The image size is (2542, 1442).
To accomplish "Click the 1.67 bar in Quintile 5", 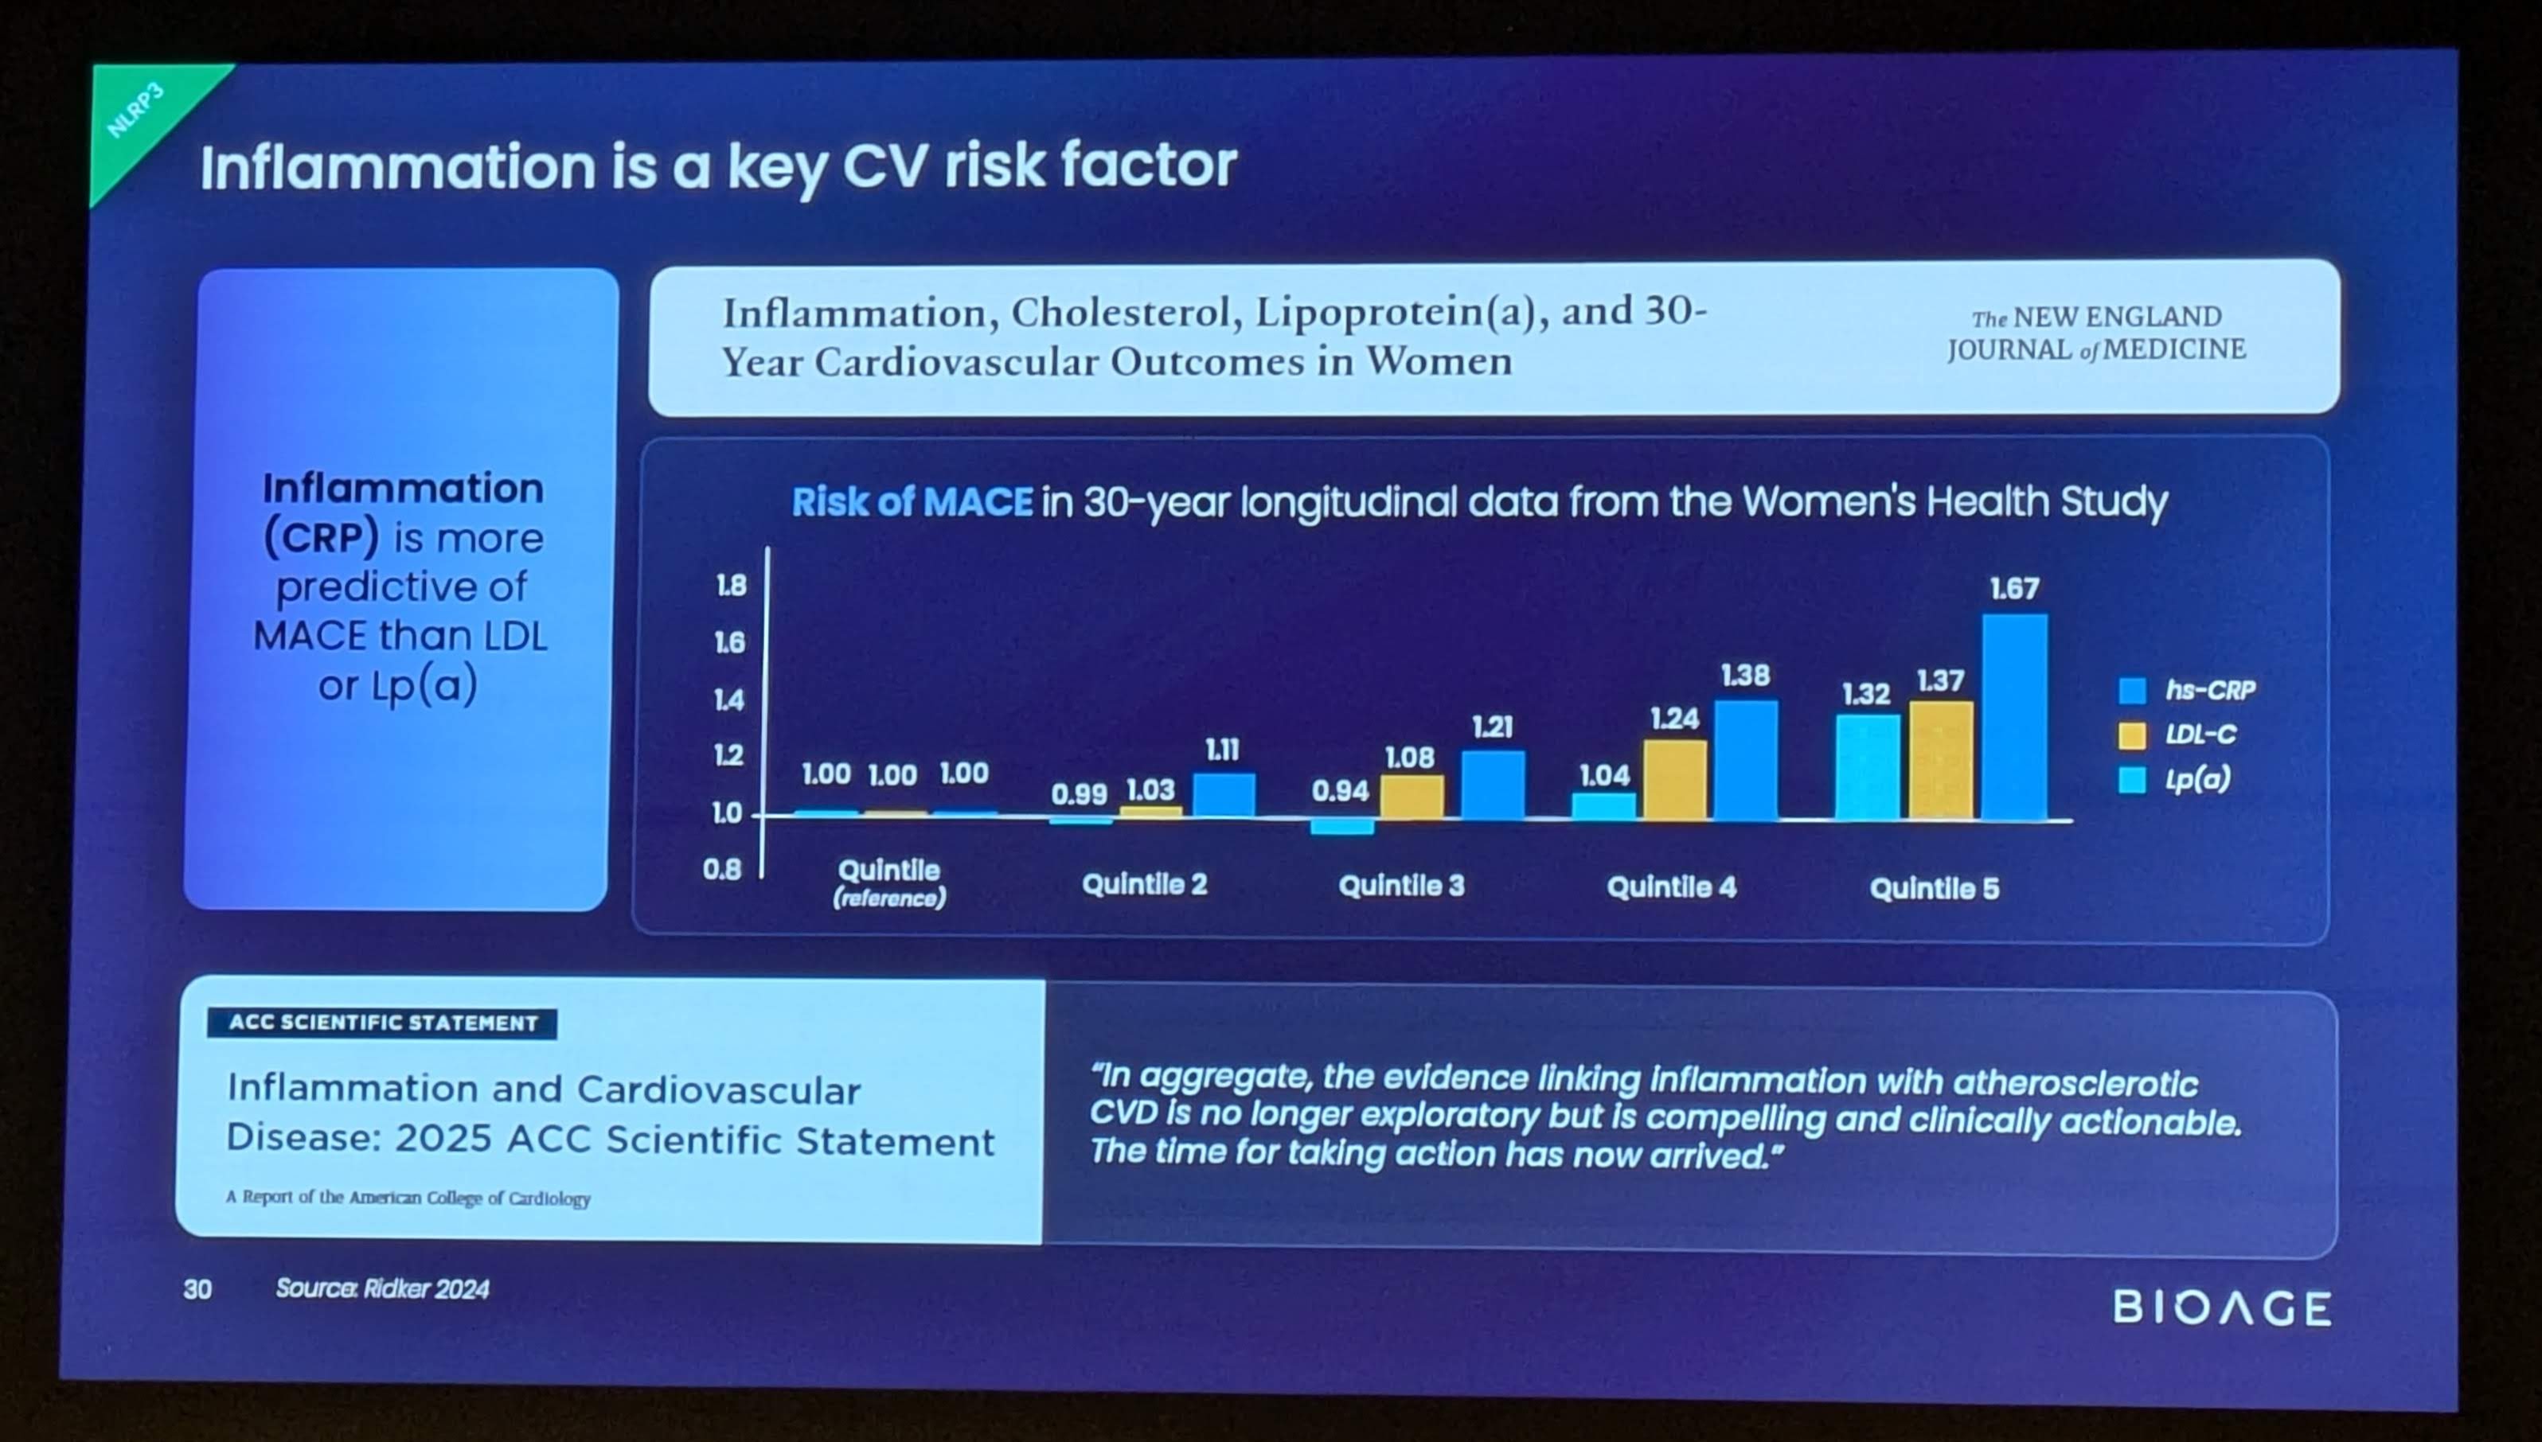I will (x=2014, y=717).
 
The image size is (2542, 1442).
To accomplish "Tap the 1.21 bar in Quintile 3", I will (x=1492, y=785).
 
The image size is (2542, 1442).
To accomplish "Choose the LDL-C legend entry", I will (x=2181, y=735).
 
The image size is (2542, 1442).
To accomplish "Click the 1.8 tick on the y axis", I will (x=731, y=587).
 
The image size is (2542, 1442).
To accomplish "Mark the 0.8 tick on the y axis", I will (x=722, y=870).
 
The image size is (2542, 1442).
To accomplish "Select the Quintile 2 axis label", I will (x=1144, y=884).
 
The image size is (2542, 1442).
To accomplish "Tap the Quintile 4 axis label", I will (x=1671, y=887).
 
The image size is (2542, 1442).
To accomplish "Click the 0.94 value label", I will (x=1339, y=791).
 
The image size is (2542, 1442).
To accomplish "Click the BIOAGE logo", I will (x=2222, y=1308).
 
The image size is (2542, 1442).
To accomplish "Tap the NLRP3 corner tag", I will (x=135, y=111).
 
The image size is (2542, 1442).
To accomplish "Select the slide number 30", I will (x=197, y=1288).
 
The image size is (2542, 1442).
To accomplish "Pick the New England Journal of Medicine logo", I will (x=2095, y=333).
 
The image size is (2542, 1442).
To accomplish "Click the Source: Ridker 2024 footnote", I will (x=382, y=1288).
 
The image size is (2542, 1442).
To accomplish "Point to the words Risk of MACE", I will (x=912, y=502).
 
